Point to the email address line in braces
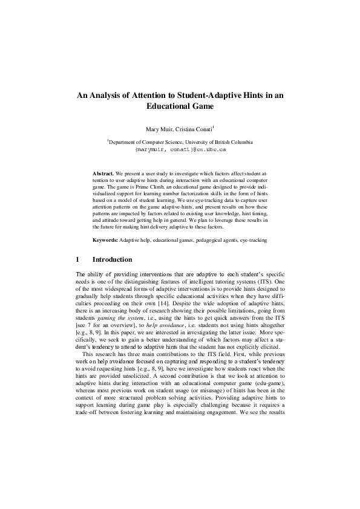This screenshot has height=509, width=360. pos(180,148)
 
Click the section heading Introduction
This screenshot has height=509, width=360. pos(112,260)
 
